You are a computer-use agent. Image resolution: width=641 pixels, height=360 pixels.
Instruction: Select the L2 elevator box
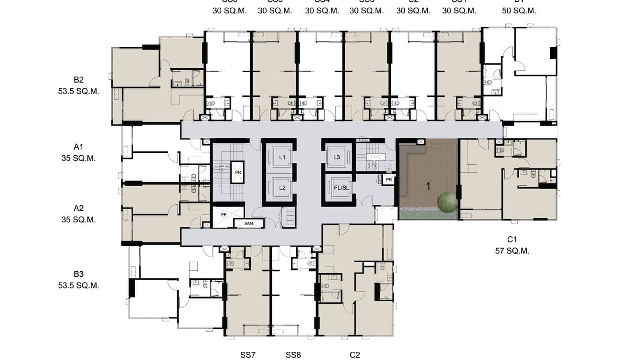[282, 188]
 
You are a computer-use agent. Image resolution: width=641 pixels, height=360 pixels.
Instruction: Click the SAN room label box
[248, 223]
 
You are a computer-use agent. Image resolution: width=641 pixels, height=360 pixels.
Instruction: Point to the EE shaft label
[224, 215]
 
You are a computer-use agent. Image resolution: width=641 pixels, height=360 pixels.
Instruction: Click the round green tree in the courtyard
[447, 201]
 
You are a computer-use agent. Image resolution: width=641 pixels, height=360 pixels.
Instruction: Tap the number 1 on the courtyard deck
[428, 186]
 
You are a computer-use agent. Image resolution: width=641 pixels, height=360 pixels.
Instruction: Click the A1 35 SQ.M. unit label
[79, 152]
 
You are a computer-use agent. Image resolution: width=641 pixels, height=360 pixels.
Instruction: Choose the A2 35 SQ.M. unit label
[79, 213]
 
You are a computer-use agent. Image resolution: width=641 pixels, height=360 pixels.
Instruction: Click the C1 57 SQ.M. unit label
[512, 244]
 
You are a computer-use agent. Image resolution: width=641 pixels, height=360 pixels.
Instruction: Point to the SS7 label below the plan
[248, 354]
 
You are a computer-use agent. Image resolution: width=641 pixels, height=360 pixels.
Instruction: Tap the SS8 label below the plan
[293, 354]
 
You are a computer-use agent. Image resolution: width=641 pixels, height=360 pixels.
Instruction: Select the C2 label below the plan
[354, 354]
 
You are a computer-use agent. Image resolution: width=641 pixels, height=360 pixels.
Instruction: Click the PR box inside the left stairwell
[237, 172]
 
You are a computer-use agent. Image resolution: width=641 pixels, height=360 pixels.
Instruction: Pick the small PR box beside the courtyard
[389, 180]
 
